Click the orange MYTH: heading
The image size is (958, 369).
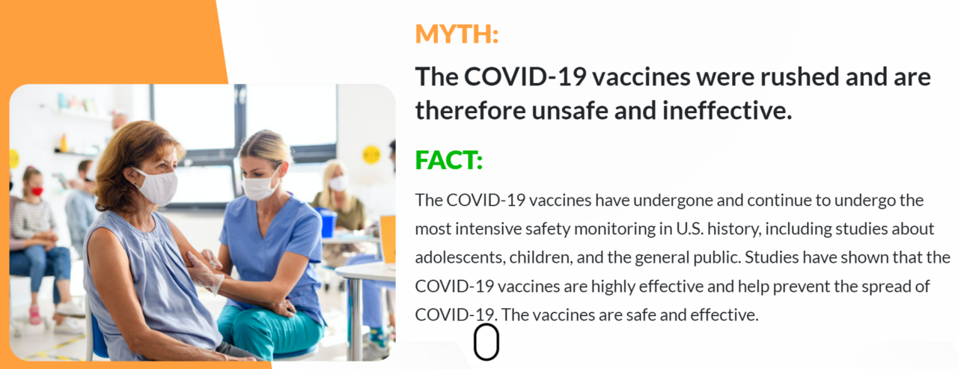point(457,34)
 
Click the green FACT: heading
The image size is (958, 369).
point(448,160)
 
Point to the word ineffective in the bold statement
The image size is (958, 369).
point(727,111)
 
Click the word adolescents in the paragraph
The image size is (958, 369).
point(460,257)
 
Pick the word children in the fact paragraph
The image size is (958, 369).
point(541,257)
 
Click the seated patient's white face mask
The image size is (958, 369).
point(157,186)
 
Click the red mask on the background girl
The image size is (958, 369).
point(37,191)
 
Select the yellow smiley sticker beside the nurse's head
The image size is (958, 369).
point(371,154)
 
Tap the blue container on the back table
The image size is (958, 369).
point(327,222)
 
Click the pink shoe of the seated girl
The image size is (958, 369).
point(34,315)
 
